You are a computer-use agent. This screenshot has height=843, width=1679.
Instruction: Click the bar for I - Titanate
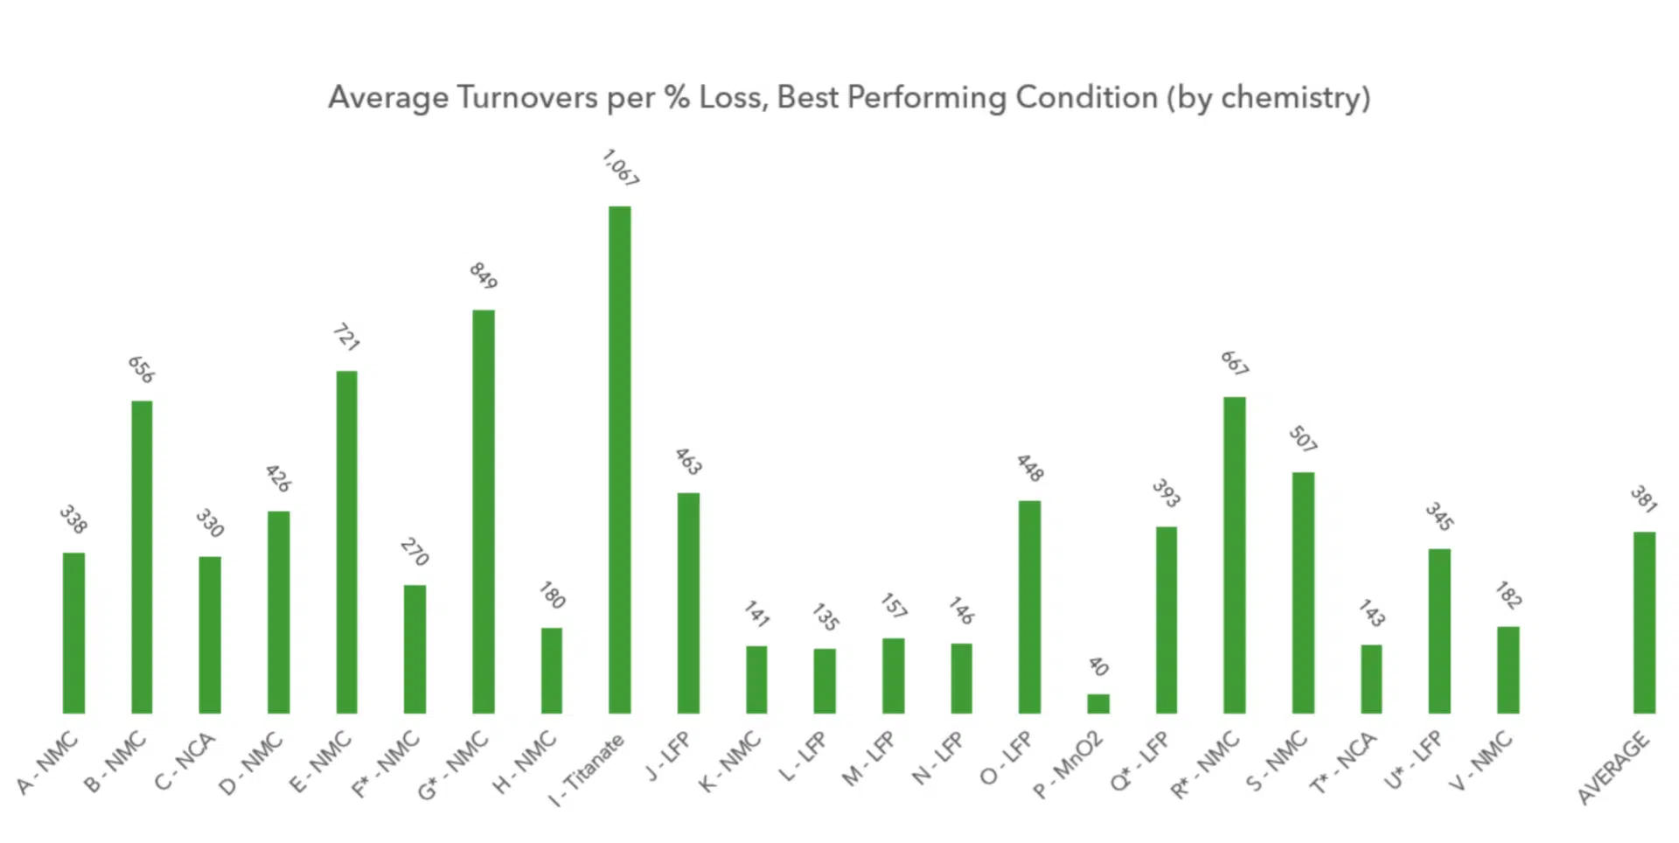(619, 460)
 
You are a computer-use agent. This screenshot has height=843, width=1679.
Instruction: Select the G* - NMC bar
(483, 512)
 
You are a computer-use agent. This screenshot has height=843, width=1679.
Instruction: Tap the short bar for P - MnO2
(1097, 704)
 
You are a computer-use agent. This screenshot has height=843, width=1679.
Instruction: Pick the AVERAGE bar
(1644, 623)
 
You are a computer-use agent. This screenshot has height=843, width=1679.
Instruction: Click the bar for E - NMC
(346, 542)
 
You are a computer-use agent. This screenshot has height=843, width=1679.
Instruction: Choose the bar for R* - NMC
(1234, 555)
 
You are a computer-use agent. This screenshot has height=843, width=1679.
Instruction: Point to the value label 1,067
(620, 168)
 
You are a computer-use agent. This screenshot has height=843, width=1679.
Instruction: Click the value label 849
(484, 275)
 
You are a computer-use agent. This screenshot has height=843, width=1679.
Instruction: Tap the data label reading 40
(1098, 666)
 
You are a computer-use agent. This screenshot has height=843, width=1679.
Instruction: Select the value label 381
(1643, 498)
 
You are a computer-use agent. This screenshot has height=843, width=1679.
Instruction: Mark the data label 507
(1302, 438)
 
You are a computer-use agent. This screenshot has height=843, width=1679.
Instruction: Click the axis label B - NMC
(115, 763)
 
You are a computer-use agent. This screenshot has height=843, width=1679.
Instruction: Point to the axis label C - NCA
(185, 761)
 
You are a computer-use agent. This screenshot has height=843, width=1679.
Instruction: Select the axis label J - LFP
(669, 756)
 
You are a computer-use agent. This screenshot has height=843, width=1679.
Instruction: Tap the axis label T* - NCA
(1343, 763)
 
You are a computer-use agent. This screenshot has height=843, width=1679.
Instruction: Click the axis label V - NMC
(1481, 761)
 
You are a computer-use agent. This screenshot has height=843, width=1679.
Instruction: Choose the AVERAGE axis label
(1613, 768)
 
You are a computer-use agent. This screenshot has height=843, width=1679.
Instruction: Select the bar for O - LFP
(1029, 607)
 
